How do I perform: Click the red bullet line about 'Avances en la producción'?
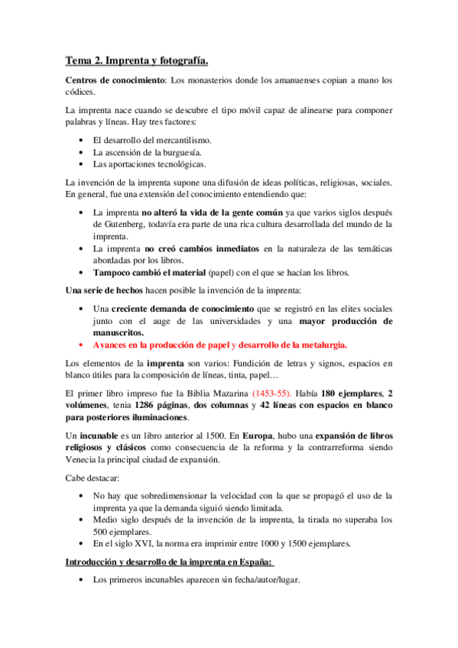click(220, 345)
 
